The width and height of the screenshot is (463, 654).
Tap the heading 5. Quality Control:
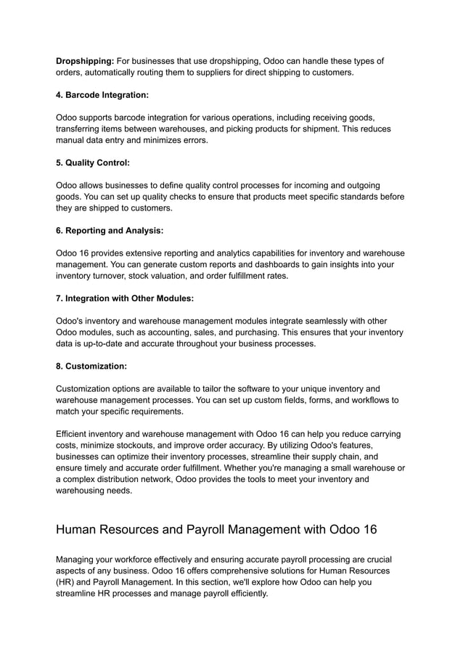[x=93, y=163]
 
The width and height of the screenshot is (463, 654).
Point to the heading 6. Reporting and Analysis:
[x=110, y=230]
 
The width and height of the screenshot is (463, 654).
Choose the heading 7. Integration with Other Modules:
[x=125, y=298]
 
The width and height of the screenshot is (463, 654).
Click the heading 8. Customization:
[x=91, y=367]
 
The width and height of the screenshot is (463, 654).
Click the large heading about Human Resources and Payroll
[x=216, y=529]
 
